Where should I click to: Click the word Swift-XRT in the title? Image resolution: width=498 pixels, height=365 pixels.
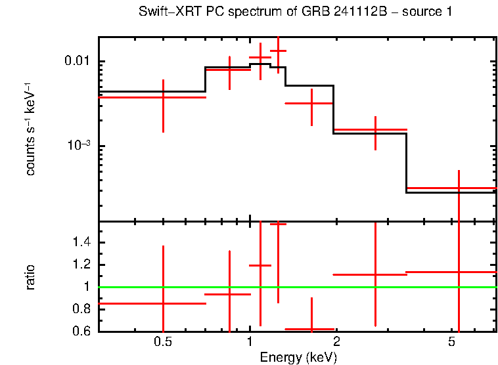[x=163, y=12]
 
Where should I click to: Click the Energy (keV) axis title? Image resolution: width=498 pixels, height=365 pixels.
[x=298, y=358]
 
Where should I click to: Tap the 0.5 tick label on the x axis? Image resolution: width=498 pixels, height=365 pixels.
[x=163, y=343]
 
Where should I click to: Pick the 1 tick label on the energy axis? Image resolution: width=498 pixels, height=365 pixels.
[x=250, y=343]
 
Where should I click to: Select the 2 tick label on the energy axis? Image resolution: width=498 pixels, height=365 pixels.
[x=336, y=343]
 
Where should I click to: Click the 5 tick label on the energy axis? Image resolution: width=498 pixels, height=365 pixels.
[x=451, y=343]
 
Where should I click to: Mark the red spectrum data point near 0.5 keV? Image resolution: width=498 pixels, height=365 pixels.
[x=163, y=97]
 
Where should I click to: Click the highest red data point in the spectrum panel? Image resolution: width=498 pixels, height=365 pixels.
[x=278, y=51]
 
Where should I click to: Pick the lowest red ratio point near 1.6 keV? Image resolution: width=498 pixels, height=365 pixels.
[x=311, y=329]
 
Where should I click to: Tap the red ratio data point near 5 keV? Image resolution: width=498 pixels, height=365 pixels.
[x=459, y=272]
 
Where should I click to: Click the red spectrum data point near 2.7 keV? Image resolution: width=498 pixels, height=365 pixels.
[x=375, y=130]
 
